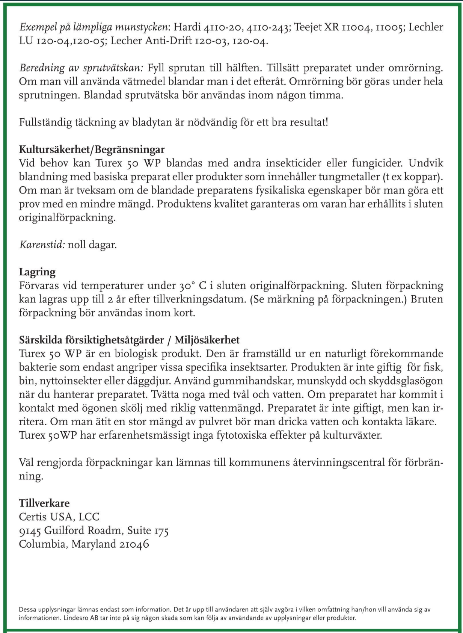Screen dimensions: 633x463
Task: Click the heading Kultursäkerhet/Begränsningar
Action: [x=92, y=150]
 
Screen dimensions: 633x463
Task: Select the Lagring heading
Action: [x=37, y=272]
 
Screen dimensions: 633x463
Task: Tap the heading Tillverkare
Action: [x=44, y=503]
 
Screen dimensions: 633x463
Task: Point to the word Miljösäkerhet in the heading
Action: [x=207, y=340]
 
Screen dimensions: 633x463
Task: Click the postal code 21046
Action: [x=134, y=544]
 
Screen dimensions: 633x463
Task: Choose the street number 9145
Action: [x=30, y=530]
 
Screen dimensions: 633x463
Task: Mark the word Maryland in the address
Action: [x=94, y=544]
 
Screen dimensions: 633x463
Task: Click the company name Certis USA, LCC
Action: [x=59, y=517]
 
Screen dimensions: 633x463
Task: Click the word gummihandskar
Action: [x=253, y=381]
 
